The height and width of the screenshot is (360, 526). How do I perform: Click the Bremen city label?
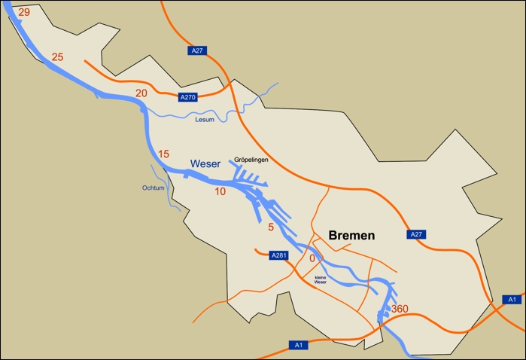pos(351,236)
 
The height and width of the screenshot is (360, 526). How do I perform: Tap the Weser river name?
pos(205,163)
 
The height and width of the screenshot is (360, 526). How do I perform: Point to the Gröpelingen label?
pos(251,160)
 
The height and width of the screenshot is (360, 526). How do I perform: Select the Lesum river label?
pos(205,120)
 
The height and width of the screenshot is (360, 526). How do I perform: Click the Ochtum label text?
pos(153,188)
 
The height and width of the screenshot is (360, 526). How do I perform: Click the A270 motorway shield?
pos(187,97)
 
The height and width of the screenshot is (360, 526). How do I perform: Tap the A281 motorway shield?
pos(279,255)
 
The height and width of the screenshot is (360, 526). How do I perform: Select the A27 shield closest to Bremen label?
pos(417,234)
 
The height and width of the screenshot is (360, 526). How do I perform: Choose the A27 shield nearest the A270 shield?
pos(196,50)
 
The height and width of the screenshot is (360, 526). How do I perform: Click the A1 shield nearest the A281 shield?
pos(298,345)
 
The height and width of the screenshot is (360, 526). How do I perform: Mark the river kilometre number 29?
pos(23,12)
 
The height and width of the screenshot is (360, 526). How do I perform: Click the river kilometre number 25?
pos(58,57)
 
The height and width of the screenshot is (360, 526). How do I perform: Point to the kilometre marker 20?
pos(141,93)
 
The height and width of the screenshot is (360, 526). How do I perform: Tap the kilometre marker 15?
pos(163,154)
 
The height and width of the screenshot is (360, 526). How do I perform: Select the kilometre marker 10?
pos(220,192)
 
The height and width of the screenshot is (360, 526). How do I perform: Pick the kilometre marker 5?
pos(271,227)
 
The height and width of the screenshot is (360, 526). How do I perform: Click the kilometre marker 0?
pos(312,258)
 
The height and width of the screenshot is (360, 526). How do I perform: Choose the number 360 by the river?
pos(400,309)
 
